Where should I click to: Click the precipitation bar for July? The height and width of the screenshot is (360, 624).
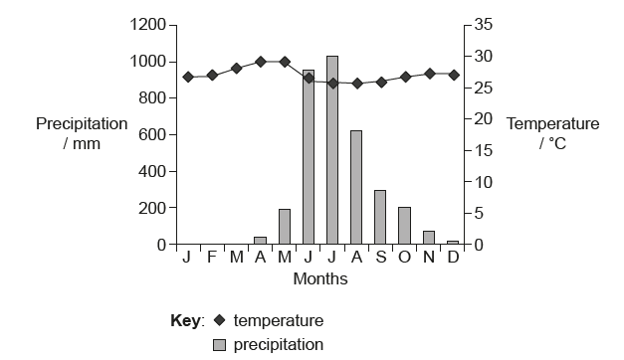pyautogui.click(x=332, y=150)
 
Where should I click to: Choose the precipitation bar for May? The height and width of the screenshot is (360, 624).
pyautogui.click(x=285, y=227)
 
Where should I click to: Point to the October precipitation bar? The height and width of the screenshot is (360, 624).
pyautogui.click(x=404, y=226)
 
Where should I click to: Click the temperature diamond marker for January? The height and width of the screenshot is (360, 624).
pyautogui.click(x=187, y=77)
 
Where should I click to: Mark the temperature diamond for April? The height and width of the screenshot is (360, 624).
pyautogui.click(x=260, y=62)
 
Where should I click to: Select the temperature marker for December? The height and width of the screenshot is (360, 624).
pyautogui.click(x=453, y=75)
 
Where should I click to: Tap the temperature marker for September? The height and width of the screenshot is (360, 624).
pyautogui.click(x=380, y=82)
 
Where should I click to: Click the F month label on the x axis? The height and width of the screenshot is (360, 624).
pyautogui.click(x=211, y=258)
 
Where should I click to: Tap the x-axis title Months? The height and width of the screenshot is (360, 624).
pyautogui.click(x=320, y=279)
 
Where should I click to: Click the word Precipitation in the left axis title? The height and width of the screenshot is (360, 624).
pyautogui.click(x=82, y=124)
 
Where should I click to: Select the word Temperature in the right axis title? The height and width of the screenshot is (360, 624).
pyautogui.click(x=553, y=124)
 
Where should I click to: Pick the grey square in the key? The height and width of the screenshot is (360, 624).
pyautogui.click(x=220, y=345)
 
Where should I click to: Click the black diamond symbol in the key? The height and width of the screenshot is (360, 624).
pyautogui.click(x=219, y=321)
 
